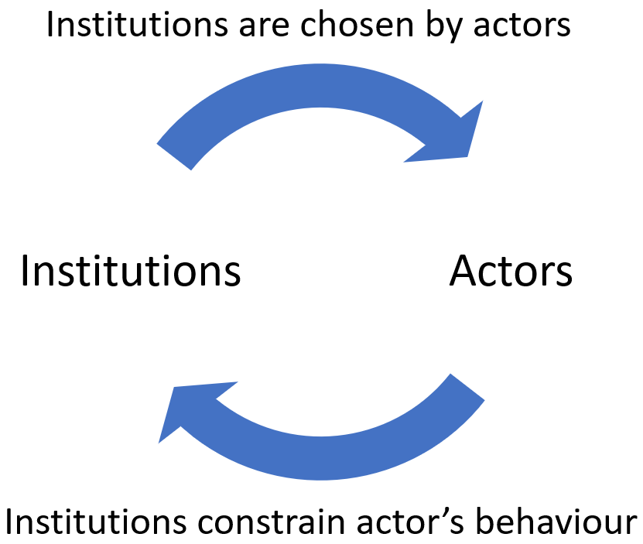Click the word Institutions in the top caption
click(x=138, y=24)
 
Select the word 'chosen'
click(x=357, y=24)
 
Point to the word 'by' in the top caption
click(x=443, y=26)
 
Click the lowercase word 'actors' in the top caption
click(x=522, y=26)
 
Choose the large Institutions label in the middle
click(x=131, y=271)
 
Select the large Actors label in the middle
click(x=511, y=271)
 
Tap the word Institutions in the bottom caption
click(x=96, y=521)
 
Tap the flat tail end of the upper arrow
click(x=174, y=156)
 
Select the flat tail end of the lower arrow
click(x=467, y=387)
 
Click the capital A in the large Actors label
click(x=463, y=271)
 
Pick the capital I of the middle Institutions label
click(x=24, y=271)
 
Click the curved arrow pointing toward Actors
click(x=320, y=85)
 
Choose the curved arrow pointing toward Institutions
click(x=320, y=459)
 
